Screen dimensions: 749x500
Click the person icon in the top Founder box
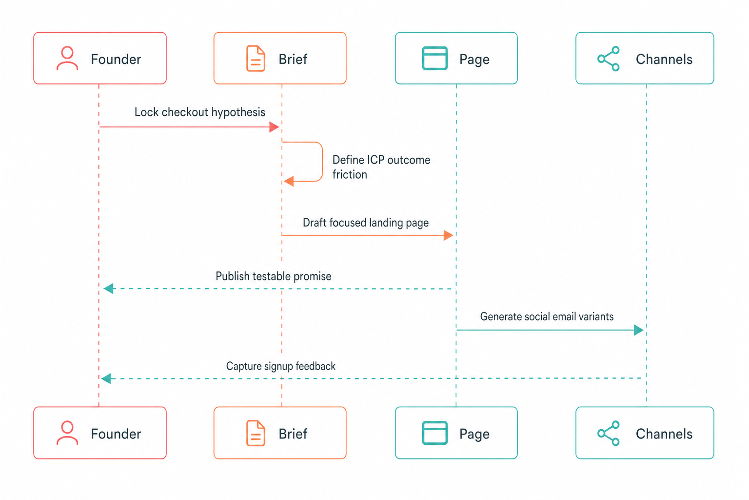pyautogui.click(x=67, y=58)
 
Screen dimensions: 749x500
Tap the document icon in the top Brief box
pyautogui.click(x=256, y=59)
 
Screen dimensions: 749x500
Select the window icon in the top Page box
pyautogui.click(x=434, y=58)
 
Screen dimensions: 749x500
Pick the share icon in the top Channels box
pyautogui.click(x=609, y=59)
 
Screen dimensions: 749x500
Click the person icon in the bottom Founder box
pyautogui.click(x=67, y=433)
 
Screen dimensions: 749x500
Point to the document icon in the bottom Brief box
pyautogui.click(x=256, y=434)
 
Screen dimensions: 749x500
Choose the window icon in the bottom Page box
pyautogui.click(x=434, y=433)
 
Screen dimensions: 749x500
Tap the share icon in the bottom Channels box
pyautogui.click(x=609, y=434)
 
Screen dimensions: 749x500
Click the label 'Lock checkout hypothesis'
pyautogui.click(x=199, y=112)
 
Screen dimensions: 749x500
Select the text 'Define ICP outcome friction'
pyautogui.click(x=381, y=167)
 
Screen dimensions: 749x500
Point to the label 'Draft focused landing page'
pyautogui.click(x=365, y=223)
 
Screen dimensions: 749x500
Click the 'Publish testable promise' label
pyautogui.click(x=273, y=276)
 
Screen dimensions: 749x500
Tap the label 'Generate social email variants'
pyautogui.click(x=547, y=316)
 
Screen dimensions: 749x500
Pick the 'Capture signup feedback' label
pyautogui.click(x=280, y=366)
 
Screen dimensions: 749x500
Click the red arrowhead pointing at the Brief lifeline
pyautogui.click(x=274, y=127)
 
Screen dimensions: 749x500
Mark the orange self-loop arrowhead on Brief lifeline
pyautogui.click(x=289, y=181)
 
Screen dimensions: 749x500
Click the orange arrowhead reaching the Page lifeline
pyautogui.click(x=449, y=235)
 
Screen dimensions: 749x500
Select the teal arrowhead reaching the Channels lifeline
pyautogui.click(x=639, y=330)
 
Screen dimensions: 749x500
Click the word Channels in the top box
pyautogui.click(x=664, y=59)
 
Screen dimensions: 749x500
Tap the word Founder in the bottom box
pyautogui.click(x=116, y=434)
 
